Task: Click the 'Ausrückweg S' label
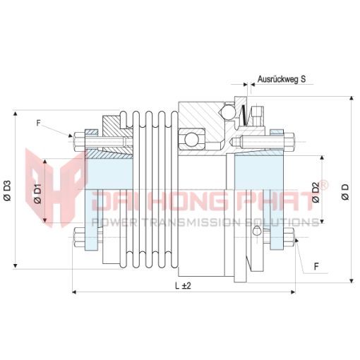(282, 79)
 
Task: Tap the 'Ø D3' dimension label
(7, 191)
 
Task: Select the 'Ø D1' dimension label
(37, 193)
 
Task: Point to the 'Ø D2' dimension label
(316, 192)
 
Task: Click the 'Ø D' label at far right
(346, 192)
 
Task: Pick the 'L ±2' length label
(183, 286)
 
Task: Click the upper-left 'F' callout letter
(39, 123)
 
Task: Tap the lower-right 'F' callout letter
(316, 267)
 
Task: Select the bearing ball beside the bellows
(191, 140)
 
